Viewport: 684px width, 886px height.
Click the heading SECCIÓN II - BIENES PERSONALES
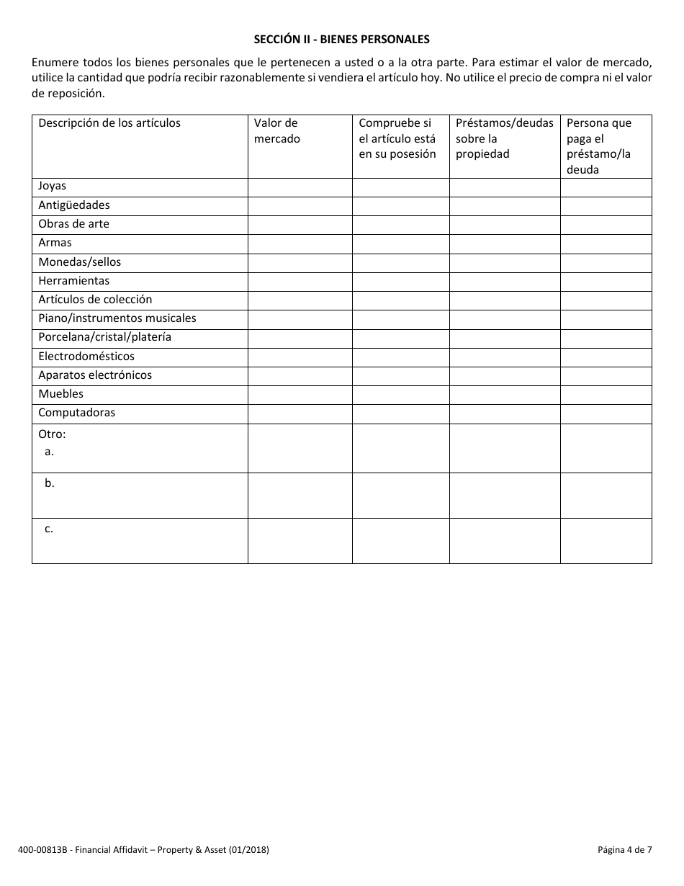(341, 39)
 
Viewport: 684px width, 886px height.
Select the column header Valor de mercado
(276, 131)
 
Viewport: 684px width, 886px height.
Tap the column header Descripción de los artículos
(109, 123)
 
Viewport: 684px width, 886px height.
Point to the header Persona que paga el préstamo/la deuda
(599, 146)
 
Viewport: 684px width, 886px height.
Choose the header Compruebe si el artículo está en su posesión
(397, 138)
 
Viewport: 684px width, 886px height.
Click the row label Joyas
(52, 187)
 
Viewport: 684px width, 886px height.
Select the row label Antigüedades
(74, 205)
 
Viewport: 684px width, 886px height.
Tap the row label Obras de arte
(73, 224)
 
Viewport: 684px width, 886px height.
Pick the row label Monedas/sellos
(79, 262)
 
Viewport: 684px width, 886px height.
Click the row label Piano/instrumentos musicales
(117, 318)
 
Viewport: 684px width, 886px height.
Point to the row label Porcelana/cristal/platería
(104, 337)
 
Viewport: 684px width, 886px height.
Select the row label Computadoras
(76, 413)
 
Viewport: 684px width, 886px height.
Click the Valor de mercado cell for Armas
(300, 243)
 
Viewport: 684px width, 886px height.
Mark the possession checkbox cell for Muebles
(400, 395)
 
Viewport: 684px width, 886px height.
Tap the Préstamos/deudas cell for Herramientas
(505, 282)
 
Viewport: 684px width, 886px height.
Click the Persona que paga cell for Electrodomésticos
(606, 357)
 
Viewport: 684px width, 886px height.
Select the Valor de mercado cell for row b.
(300, 496)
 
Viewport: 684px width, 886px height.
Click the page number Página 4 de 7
(624, 850)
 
